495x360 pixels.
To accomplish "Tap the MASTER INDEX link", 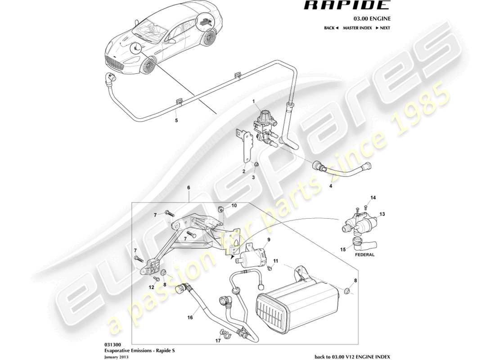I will click(x=357, y=28).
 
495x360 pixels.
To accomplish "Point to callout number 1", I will click(x=253, y=101).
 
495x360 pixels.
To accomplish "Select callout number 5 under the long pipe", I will click(x=176, y=121).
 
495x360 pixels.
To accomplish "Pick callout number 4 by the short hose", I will click(x=331, y=184).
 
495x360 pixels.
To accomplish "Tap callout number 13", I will click(x=383, y=214).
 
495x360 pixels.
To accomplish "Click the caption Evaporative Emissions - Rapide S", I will click(x=134, y=350).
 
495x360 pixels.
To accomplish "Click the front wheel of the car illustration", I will click(x=148, y=66).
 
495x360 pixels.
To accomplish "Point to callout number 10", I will click(x=234, y=206).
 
